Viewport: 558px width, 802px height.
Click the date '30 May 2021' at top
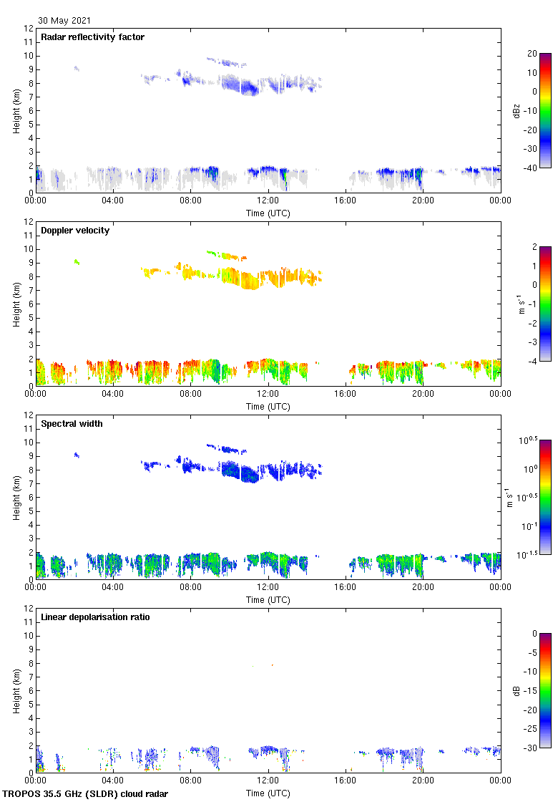tap(64, 21)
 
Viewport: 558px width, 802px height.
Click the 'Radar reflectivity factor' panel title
tap(92, 37)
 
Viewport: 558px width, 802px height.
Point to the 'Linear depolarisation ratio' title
tap(95, 617)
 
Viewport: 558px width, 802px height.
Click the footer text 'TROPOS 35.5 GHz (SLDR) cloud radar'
tap(87, 794)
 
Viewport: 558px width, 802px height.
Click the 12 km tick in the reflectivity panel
tap(29, 29)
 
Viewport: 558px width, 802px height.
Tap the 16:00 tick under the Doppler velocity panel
tap(346, 393)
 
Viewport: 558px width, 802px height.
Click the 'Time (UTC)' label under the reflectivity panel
tap(268, 213)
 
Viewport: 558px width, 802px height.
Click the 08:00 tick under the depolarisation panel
tap(190, 780)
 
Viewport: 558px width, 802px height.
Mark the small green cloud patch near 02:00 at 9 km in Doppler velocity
tap(77, 262)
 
